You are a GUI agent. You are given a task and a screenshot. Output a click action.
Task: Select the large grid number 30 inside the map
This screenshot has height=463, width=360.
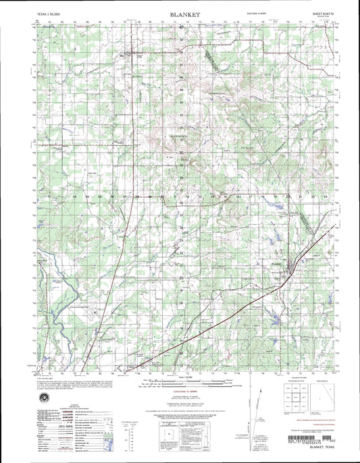click(x=182, y=153)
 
